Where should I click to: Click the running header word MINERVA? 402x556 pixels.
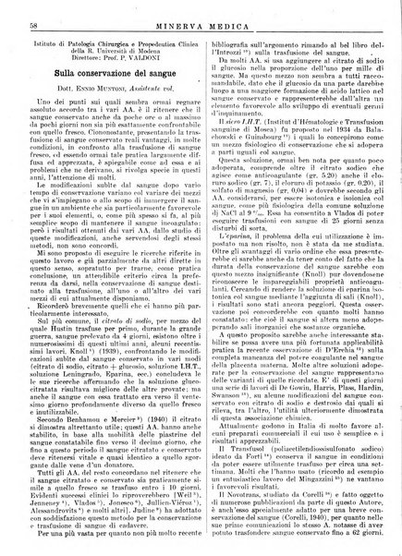point(177,12)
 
